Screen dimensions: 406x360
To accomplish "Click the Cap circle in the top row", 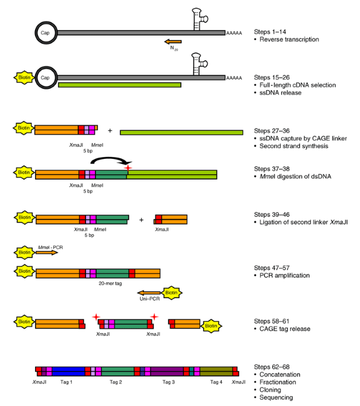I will [x=46, y=33].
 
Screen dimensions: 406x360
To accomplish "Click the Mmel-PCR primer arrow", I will [x=47, y=252].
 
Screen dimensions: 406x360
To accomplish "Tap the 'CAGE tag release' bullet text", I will [x=284, y=328].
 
